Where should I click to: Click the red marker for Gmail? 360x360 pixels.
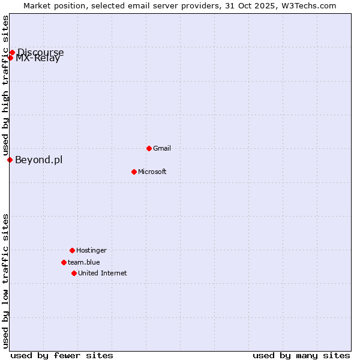click(149, 148)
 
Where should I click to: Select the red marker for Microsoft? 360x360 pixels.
click(134, 172)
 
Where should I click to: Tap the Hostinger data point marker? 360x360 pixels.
click(72, 250)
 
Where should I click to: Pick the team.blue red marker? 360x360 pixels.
click(64, 262)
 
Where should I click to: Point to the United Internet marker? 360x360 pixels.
click(74, 273)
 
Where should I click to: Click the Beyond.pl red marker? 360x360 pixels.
click(10, 160)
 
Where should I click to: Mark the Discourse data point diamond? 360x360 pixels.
click(12, 52)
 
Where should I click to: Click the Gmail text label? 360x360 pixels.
click(162, 148)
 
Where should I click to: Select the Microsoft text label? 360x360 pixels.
click(152, 172)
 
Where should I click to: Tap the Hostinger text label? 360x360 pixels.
click(91, 250)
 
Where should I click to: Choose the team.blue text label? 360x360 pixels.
click(83, 262)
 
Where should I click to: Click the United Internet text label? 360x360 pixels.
click(102, 273)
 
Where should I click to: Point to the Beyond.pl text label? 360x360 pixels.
click(38, 160)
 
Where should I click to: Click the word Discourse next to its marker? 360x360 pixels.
click(41, 52)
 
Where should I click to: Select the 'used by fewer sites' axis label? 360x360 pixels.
click(62, 355)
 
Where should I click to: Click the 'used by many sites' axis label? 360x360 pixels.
click(301, 355)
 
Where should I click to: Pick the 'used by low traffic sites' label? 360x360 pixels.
click(5, 281)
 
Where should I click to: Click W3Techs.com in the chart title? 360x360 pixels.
click(307, 5)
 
